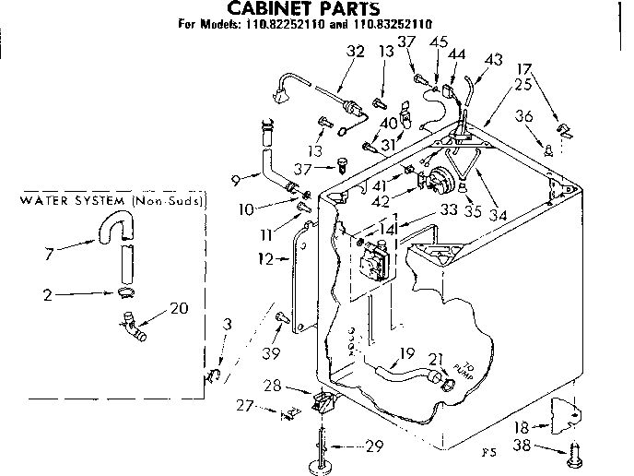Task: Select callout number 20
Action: (x=179, y=307)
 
